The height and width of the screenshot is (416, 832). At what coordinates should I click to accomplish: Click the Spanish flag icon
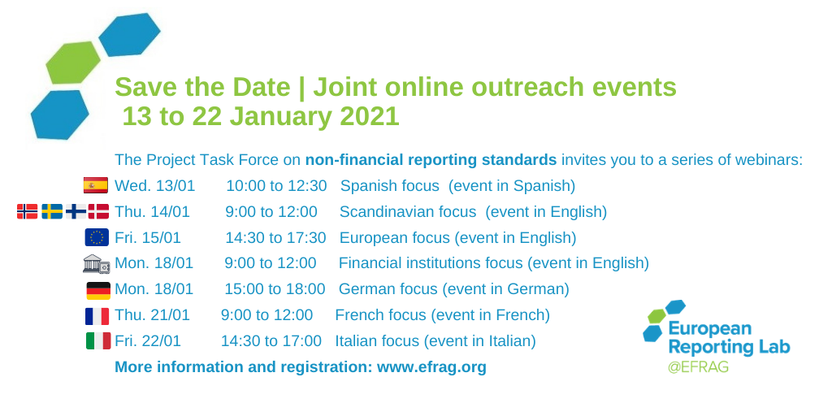[95, 186]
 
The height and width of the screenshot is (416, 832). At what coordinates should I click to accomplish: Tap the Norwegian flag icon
[27, 212]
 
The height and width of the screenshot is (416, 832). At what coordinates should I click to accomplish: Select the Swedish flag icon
[51, 212]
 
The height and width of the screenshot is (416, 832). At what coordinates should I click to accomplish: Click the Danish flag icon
[98, 212]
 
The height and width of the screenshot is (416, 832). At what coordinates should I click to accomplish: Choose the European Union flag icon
[97, 238]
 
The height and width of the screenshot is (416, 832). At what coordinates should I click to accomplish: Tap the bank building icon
[96, 263]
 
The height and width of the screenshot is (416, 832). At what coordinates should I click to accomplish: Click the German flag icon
[98, 290]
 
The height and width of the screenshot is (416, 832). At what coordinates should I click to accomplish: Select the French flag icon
[97, 315]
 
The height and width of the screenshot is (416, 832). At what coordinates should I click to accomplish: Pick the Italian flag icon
[97, 341]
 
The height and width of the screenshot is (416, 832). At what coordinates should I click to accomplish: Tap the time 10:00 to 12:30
[276, 186]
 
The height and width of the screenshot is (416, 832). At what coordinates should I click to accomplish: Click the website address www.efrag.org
[431, 367]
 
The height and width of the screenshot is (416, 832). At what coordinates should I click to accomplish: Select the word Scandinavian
[383, 212]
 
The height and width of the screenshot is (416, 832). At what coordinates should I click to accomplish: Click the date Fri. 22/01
[148, 341]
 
